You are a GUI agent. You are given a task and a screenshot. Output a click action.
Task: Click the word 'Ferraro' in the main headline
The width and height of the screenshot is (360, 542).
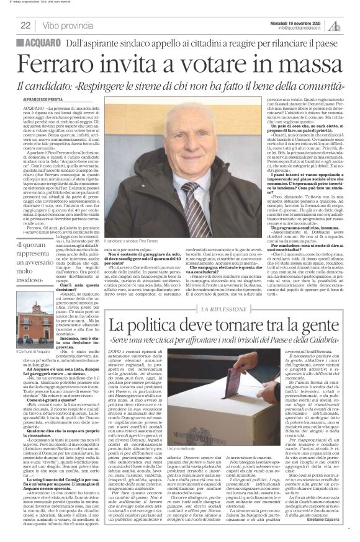(61, 64)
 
